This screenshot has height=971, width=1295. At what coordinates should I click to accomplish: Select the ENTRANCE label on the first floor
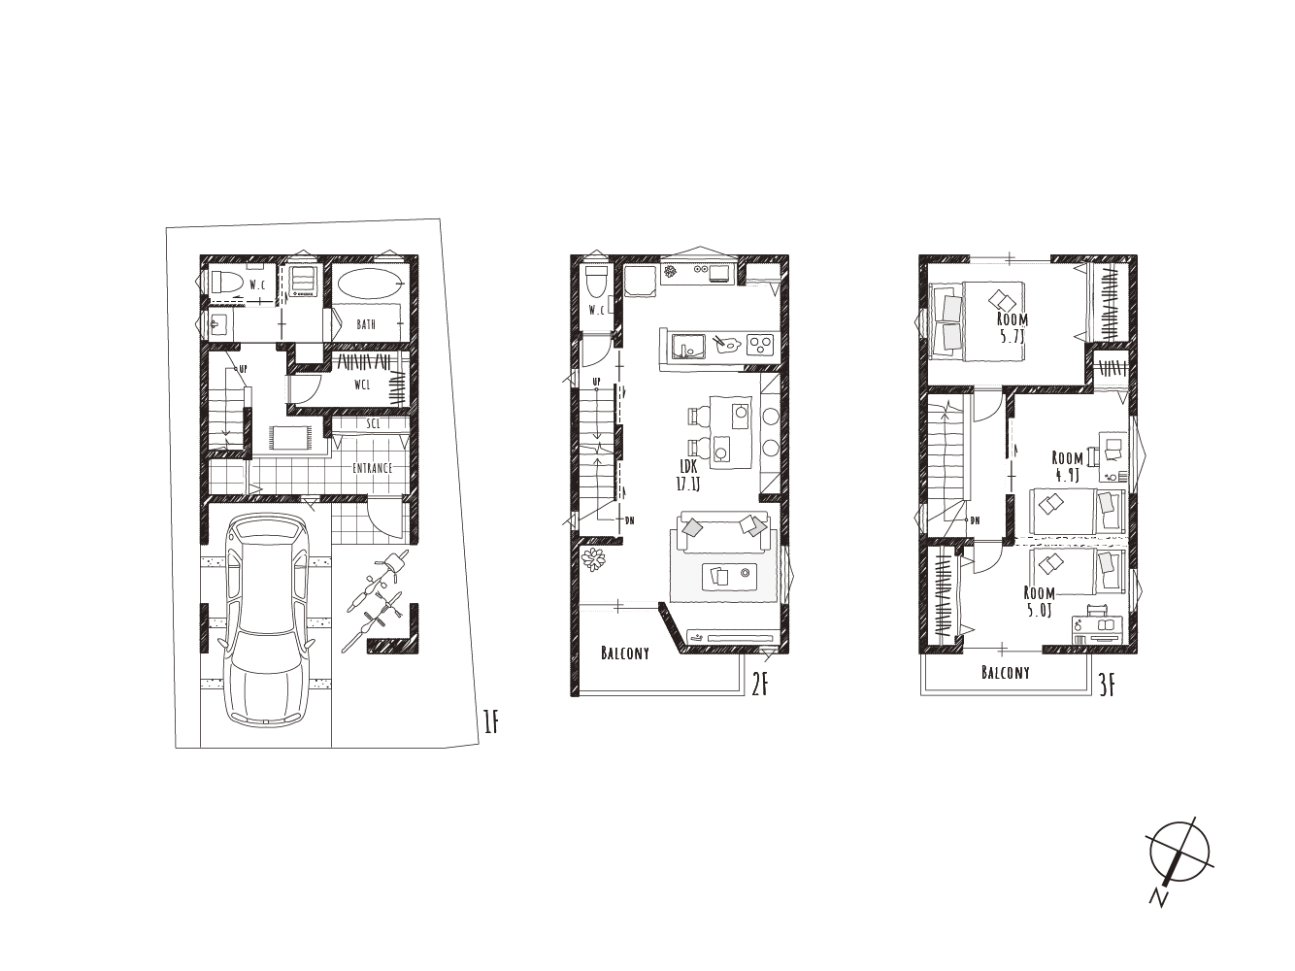tap(372, 468)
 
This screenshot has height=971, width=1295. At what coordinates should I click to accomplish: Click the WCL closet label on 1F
tap(362, 385)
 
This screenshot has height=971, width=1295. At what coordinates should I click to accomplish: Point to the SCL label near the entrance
tap(373, 423)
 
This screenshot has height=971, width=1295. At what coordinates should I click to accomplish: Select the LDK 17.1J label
tap(688, 476)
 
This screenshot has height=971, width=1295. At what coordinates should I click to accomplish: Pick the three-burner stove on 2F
tap(760, 345)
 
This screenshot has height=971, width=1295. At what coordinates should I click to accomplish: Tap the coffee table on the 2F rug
tap(729, 576)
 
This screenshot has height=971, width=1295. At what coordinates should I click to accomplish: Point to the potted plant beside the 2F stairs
tap(593, 560)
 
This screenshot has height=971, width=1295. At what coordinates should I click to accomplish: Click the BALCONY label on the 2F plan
tap(625, 653)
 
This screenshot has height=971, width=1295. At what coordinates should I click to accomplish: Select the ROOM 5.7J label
tap(1013, 329)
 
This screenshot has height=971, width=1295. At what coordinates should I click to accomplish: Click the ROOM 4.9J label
tap(1067, 466)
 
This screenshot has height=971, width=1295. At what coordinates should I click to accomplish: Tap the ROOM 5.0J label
tap(1040, 602)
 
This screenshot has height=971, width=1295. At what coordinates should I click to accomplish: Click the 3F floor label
tap(1108, 687)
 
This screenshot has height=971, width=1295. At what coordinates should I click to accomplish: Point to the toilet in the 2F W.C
tap(595, 284)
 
